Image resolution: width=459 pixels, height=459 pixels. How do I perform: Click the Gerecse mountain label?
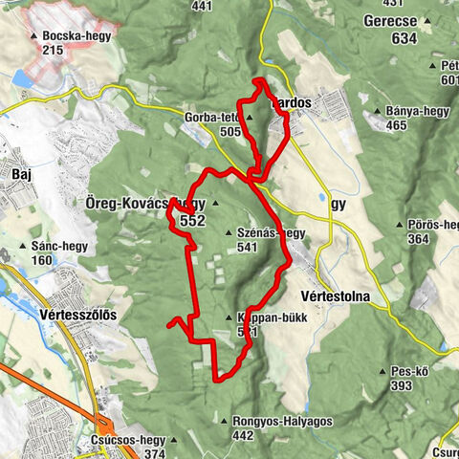point(390,20)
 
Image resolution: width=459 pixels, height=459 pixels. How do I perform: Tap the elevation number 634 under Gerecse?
point(404,38)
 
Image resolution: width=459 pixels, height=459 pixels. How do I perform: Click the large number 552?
point(192,220)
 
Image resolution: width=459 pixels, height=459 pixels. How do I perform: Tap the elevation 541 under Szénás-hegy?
point(250,247)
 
